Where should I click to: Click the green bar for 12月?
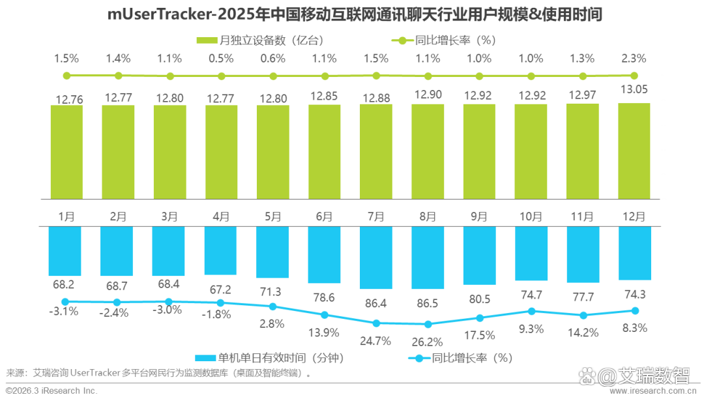coord(634,151)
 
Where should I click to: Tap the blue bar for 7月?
coord(375,258)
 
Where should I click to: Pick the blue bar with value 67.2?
coord(220,250)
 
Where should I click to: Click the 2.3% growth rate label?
coord(633,58)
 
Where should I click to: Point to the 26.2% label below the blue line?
coord(428,341)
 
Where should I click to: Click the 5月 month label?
coord(272,216)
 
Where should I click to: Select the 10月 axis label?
coord(530,216)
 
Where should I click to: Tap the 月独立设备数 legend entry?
coord(261,40)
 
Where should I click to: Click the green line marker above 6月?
coord(325,76)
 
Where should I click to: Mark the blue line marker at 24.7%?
coord(376,323)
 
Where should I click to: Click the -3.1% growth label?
coord(65,312)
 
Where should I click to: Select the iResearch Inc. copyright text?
coord(52,391)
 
